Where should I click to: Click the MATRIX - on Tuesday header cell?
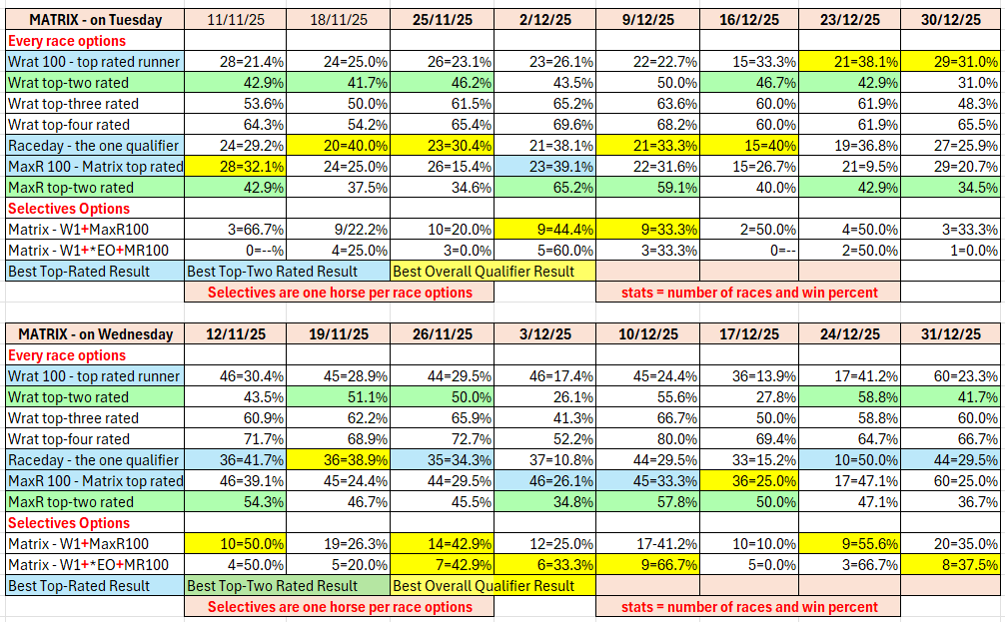(x=95, y=20)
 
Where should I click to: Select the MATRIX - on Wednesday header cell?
(x=95, y=334)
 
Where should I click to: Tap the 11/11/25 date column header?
(x=236, y=20)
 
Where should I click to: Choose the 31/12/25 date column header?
(x=950, y=334)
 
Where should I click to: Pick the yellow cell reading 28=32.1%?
(x=236, y=167)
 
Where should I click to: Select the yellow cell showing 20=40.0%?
(x=338, y=146)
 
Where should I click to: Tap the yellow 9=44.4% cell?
(x=542, y=230)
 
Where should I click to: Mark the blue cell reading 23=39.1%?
(x=542, y=167)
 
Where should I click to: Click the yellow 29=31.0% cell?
(x=950, y=62)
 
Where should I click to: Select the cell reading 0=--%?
(x=236, y=251)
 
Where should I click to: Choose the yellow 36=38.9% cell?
(x=338, y=460)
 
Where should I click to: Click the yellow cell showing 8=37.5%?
(x=950, y=565)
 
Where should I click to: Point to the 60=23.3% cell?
(x=950, y=376)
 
